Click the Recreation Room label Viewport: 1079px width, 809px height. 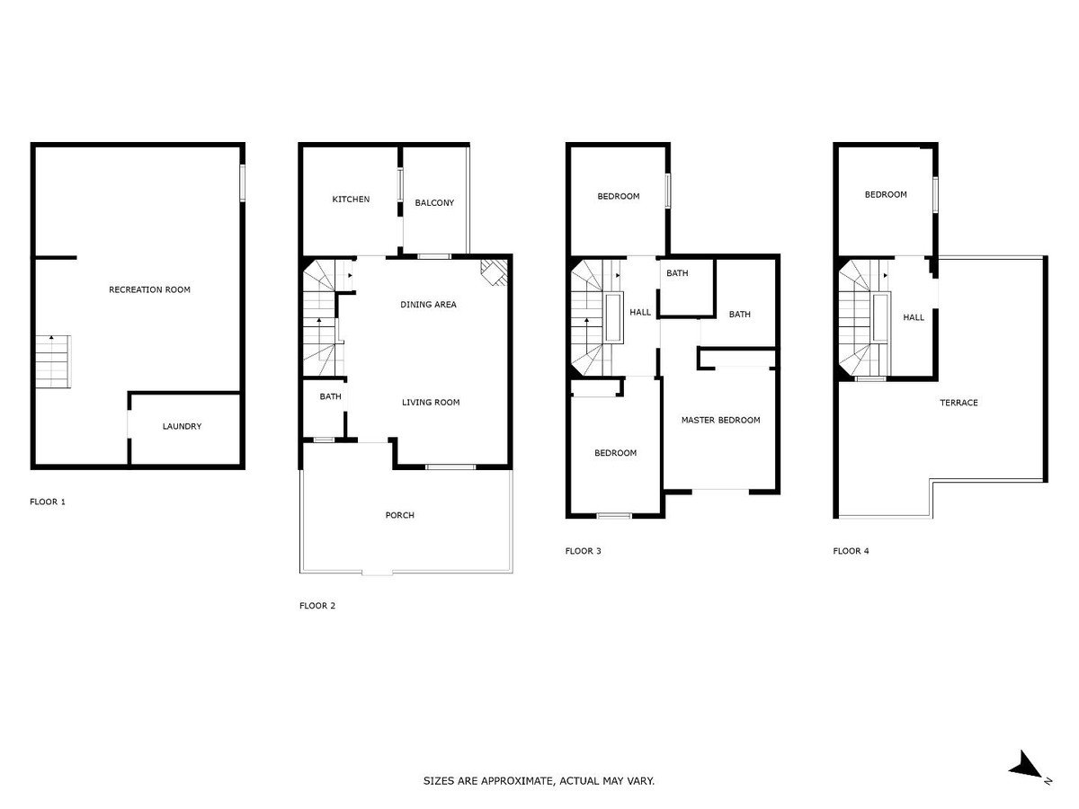coord(149,289)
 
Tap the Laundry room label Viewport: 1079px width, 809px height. coord(182,426)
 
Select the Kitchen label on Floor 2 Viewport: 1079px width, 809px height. coord(351,199)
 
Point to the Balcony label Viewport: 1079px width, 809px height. coord(434,202)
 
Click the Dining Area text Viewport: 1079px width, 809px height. coord(428,305)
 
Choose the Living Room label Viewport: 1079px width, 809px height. coord(431,403)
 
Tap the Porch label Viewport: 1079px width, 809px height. coord(399,515)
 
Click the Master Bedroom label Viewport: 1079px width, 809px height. coord(720,420)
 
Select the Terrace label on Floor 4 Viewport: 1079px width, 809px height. coord(959,403)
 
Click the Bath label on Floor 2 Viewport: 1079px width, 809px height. coord(330,396)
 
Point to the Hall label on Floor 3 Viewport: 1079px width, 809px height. coord(640,312)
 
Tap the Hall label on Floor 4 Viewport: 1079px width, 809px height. coord(914,317)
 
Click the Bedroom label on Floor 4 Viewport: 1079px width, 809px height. coord(886,194)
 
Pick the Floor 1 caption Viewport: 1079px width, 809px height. coord(47,502)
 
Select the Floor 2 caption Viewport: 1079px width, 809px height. coord(317,606)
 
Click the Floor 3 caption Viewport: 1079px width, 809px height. coord(583,551)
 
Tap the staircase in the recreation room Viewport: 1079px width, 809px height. coord(53,361)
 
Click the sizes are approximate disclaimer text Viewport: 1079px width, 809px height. coord(539,780)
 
